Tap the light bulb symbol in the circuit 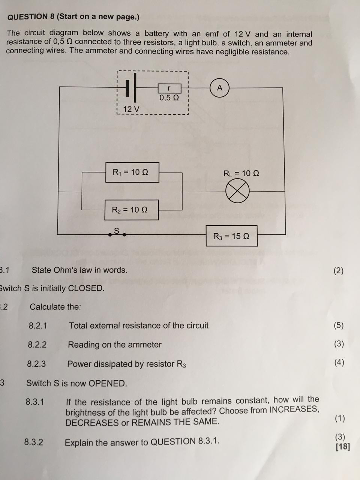237,191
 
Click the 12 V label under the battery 131,109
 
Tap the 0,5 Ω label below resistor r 169,98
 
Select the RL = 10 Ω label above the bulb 241,173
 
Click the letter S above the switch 117,231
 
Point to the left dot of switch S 110,235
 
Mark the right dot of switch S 124,235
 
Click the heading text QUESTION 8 31,17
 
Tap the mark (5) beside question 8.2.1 339,325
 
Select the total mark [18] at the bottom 343,447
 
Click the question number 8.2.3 36,364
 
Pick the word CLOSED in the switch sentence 86,288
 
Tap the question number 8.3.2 34,442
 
